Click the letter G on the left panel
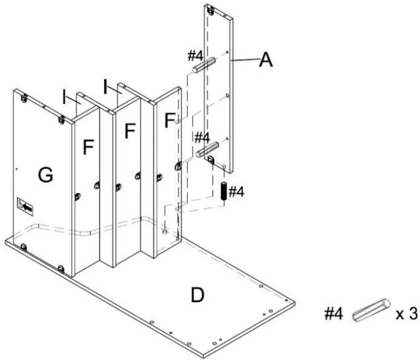pyautogui.click(x=45, y=175)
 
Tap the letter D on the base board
pyautogui.click(x=198, y=294)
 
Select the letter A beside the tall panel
pyautogui.click(x=266, y=59)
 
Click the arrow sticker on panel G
pyautogui.click(x=25, y=207)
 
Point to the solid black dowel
pyautogui.click(x=224, y=191)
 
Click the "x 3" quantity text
pyautogui.click(x=406, y=314)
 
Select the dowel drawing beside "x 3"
pyautogui.click(x=371, y=310)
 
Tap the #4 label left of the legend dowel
pyautogui.click(x=333, y=314)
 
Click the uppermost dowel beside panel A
pyautogui.click(x=204, y=64)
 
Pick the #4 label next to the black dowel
pyautogui.click(x=236, y=192)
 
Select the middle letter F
pyautogui.click(x=130, y=131)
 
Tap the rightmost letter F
pyautogui.click(x=170, y=121)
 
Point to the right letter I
pyautogui.click(x=106, y=87)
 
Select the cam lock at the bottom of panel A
pyautogui.click(x=211, y=160)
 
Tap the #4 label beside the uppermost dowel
pyautogui.click(x=195, y=56)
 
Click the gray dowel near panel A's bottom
pyautogui.click(x=207, y=149)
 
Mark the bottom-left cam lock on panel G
pyautogui.click(x=24, y=247)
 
